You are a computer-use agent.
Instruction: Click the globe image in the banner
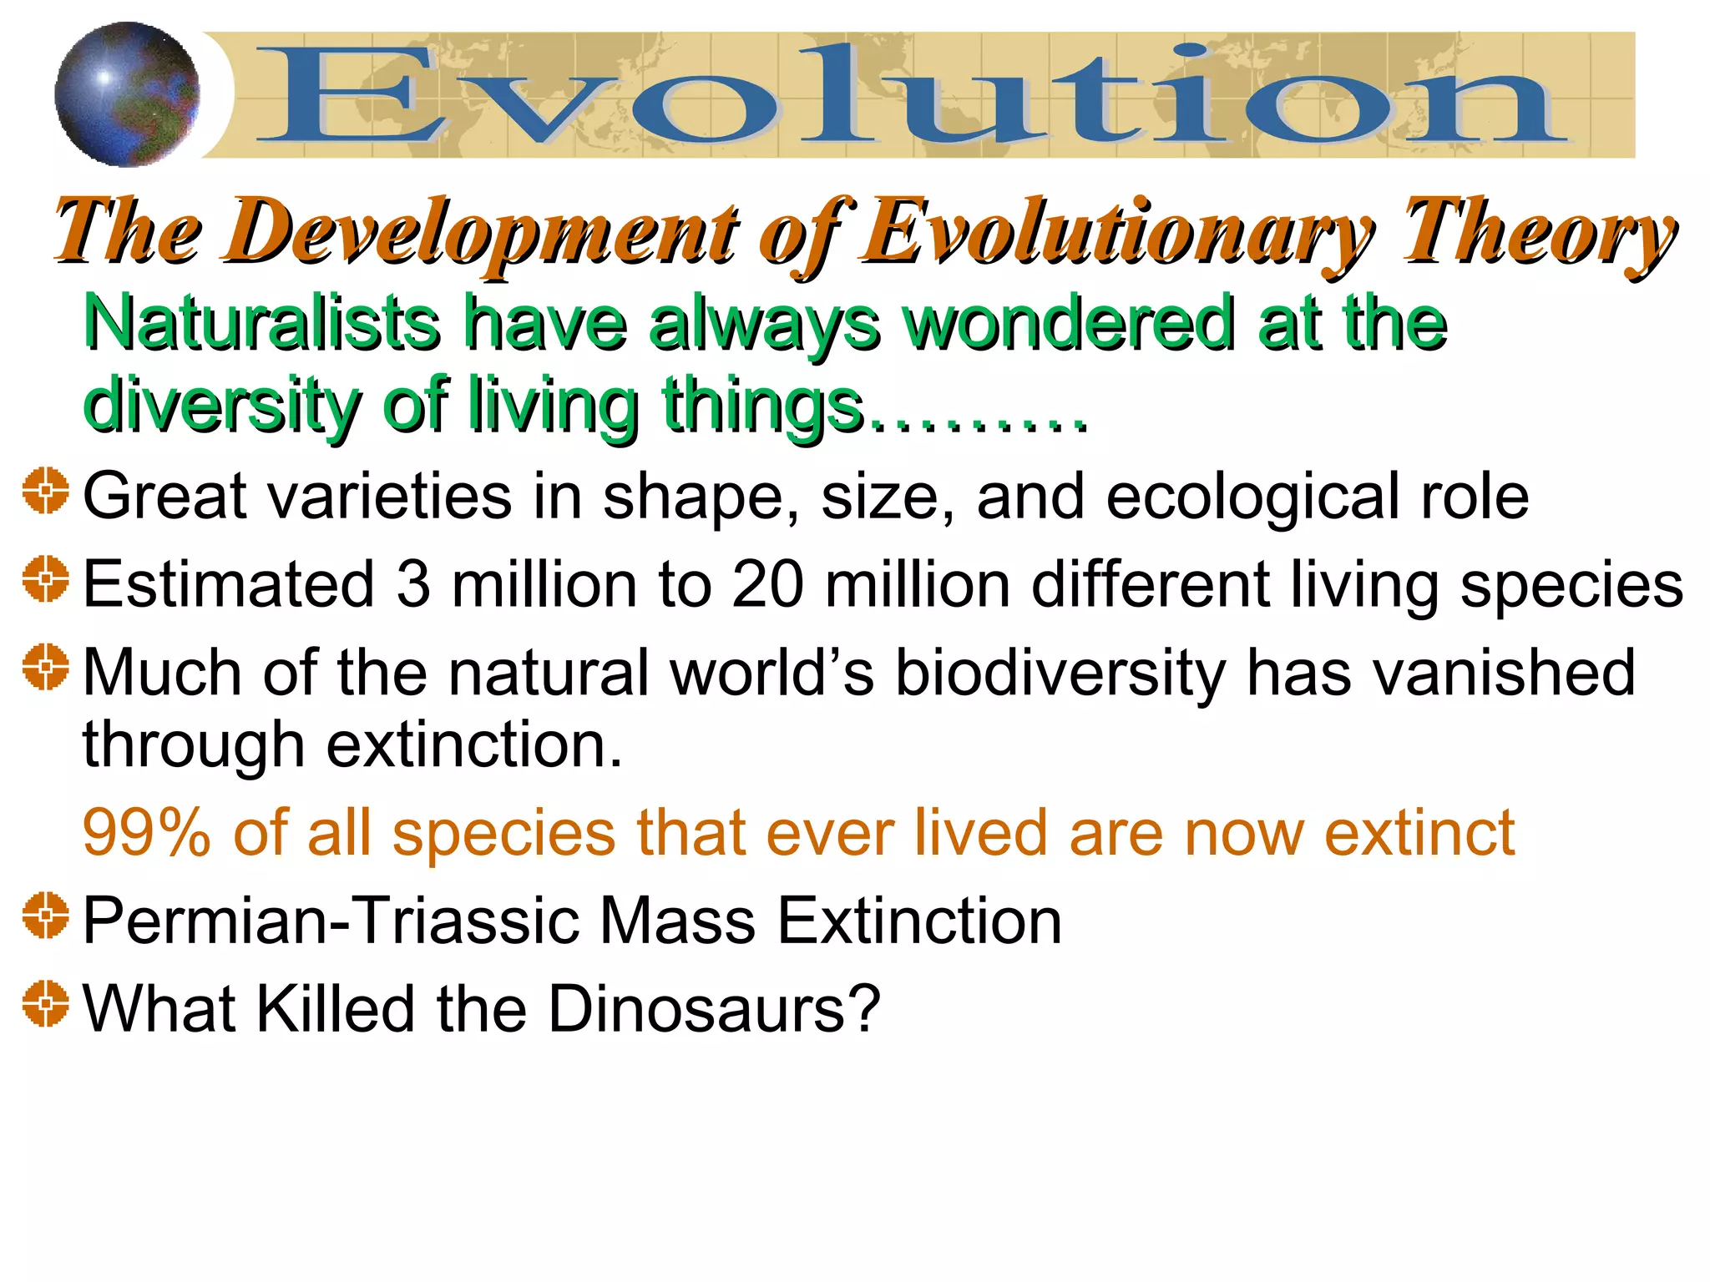tap(127, 94)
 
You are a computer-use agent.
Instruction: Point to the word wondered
tap(1069, 323)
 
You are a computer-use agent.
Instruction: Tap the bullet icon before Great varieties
tap(46, 490)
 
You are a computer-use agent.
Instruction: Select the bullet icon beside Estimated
tap(46, 578)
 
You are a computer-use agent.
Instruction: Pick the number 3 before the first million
tap(413, 584)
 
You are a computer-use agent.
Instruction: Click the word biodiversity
tap(1060, 673)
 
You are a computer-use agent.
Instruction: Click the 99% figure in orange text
tap(147, 833)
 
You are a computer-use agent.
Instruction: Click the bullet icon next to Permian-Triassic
tap(46, 916)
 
